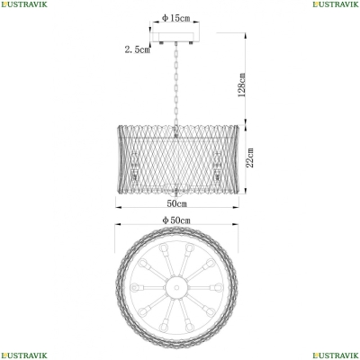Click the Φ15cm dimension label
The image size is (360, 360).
pyautogui.click(x=176, y=18)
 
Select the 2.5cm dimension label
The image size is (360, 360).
pyautogui.click(x=138, y=49)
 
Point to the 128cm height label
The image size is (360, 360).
pyautogui.click(x=242, y=85)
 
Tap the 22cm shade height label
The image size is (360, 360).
pyautogui.click(x=249, y=157)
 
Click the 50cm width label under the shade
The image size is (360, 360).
pyautogui.click(x=176, y=203)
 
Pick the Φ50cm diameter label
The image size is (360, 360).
pyautogui.click(x=176, y=220)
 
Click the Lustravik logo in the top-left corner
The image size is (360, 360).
pyautogui.click(x=24, y=4)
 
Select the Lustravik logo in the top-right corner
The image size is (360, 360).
pyautogui.click(x=336, y=4)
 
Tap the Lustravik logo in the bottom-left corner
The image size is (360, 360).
pyautogui.click(x=24, y=355)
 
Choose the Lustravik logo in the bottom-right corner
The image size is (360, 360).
pyautogui.click(x=336, y=355)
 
